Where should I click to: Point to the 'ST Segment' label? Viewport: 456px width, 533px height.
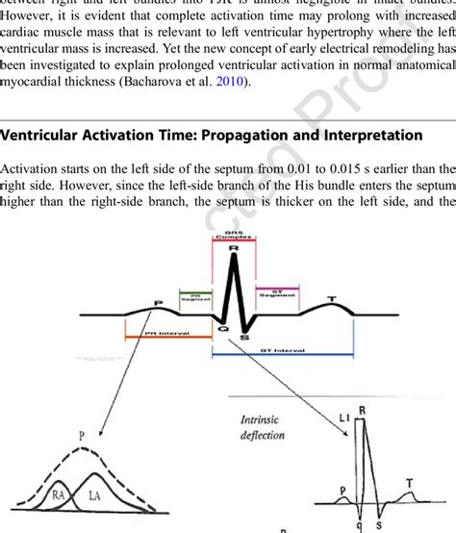276,293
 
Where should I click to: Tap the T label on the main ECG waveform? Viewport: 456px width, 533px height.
333,299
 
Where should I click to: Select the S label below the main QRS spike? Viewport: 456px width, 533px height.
244,338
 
